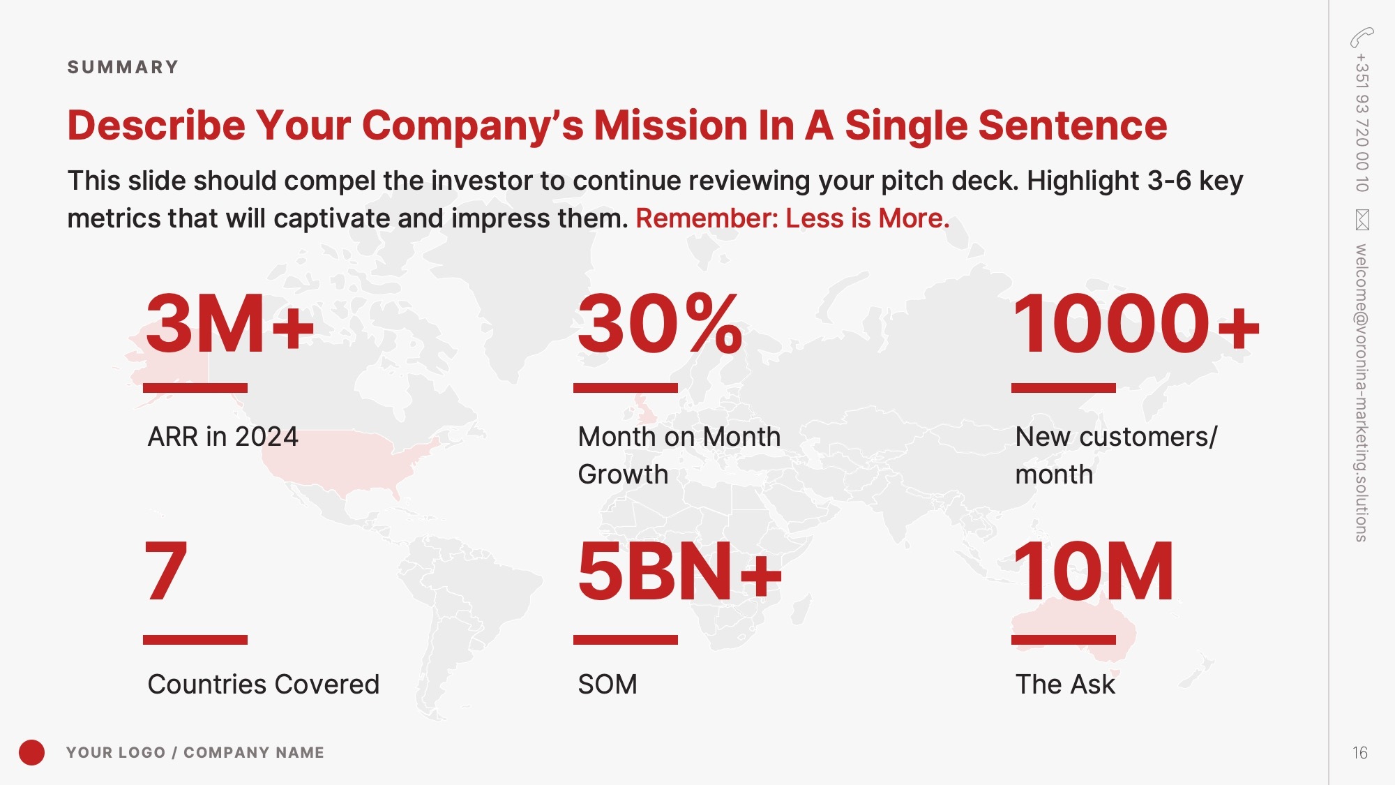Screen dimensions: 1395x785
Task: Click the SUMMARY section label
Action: pos(123,67)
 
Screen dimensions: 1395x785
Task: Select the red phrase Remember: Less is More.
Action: pos(792,218)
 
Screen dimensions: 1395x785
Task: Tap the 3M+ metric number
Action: pos(230,324)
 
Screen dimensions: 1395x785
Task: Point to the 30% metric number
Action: pos(660,324)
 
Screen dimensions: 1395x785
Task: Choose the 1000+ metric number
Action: pos(1136,324)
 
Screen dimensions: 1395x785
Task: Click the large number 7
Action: pos(166,571)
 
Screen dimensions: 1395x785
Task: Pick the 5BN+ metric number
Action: pos(680,571)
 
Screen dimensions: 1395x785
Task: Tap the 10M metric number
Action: pos(1094,571)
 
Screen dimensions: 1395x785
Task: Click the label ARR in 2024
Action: pos(223,437)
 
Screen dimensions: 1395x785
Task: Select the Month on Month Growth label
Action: pos(679,456)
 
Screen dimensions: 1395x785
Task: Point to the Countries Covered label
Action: pos(264,685)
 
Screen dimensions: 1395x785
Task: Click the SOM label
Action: pos(608,685)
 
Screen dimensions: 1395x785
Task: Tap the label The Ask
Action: pos(1065,685)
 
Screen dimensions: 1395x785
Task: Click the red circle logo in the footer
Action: pos(31,752)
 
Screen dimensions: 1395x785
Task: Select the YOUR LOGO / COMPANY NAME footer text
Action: pos(195,752)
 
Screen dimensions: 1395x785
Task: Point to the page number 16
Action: pos(1360,753)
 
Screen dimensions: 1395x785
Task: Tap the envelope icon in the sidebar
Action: pos(1362,220)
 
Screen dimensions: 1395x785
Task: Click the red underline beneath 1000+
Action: pos(1064,388)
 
